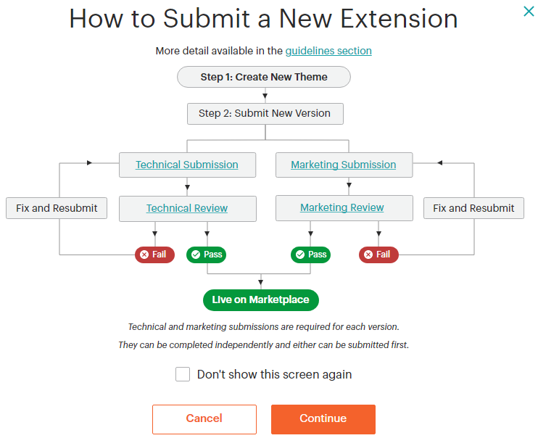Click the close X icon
(x=529, y=11)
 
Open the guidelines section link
(x=328, y=51)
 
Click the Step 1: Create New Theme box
(x=264, y=77)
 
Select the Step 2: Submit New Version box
(x=265, y=113)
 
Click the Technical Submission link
(x=187, y=165)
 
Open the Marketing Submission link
(x=344, y=165)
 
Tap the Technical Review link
(x=187, y=208)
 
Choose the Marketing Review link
(x=342, y=207)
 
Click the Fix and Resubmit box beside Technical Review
(x=57, y=208)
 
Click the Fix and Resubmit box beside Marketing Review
(x=473, y=208)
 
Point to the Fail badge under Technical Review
(x=154, y=255)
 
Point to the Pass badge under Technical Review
(x=207, y=255)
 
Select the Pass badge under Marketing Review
(x=311, y=255)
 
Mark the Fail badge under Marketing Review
(x=378, y=255)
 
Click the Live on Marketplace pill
(x=261, y=299)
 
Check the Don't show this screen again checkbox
(x=183, y=374)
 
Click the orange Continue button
(x=323, y=418)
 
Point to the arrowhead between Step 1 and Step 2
(x=265, y=96)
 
